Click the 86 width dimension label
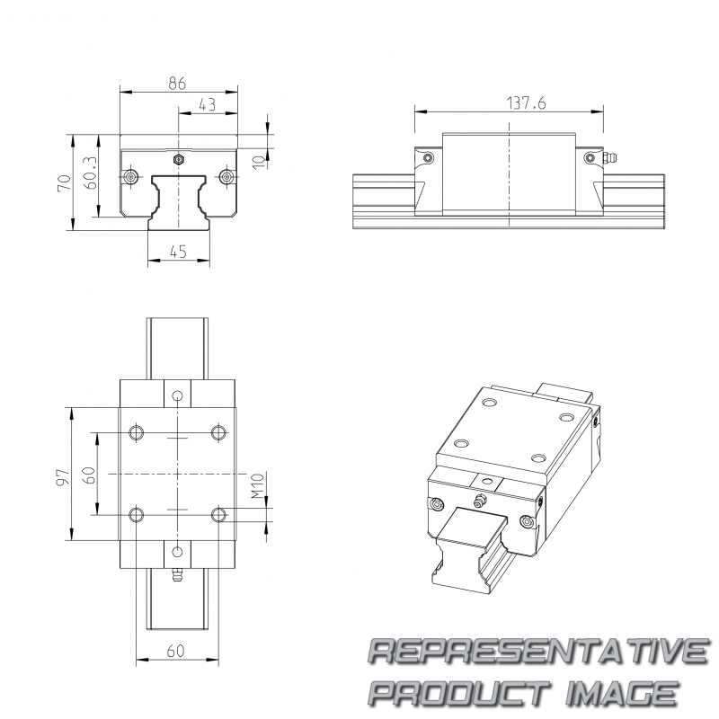pos(177,84)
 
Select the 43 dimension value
pos(208,104)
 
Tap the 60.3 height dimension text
pos(90,173)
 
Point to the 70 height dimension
pos(64,183)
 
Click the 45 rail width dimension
pos(178,252)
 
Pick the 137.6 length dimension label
pos(526,103)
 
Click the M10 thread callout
pos(258,486)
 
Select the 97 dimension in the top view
pos(64,477)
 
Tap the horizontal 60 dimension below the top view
pos(175,651)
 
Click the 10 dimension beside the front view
pos(259,162)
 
